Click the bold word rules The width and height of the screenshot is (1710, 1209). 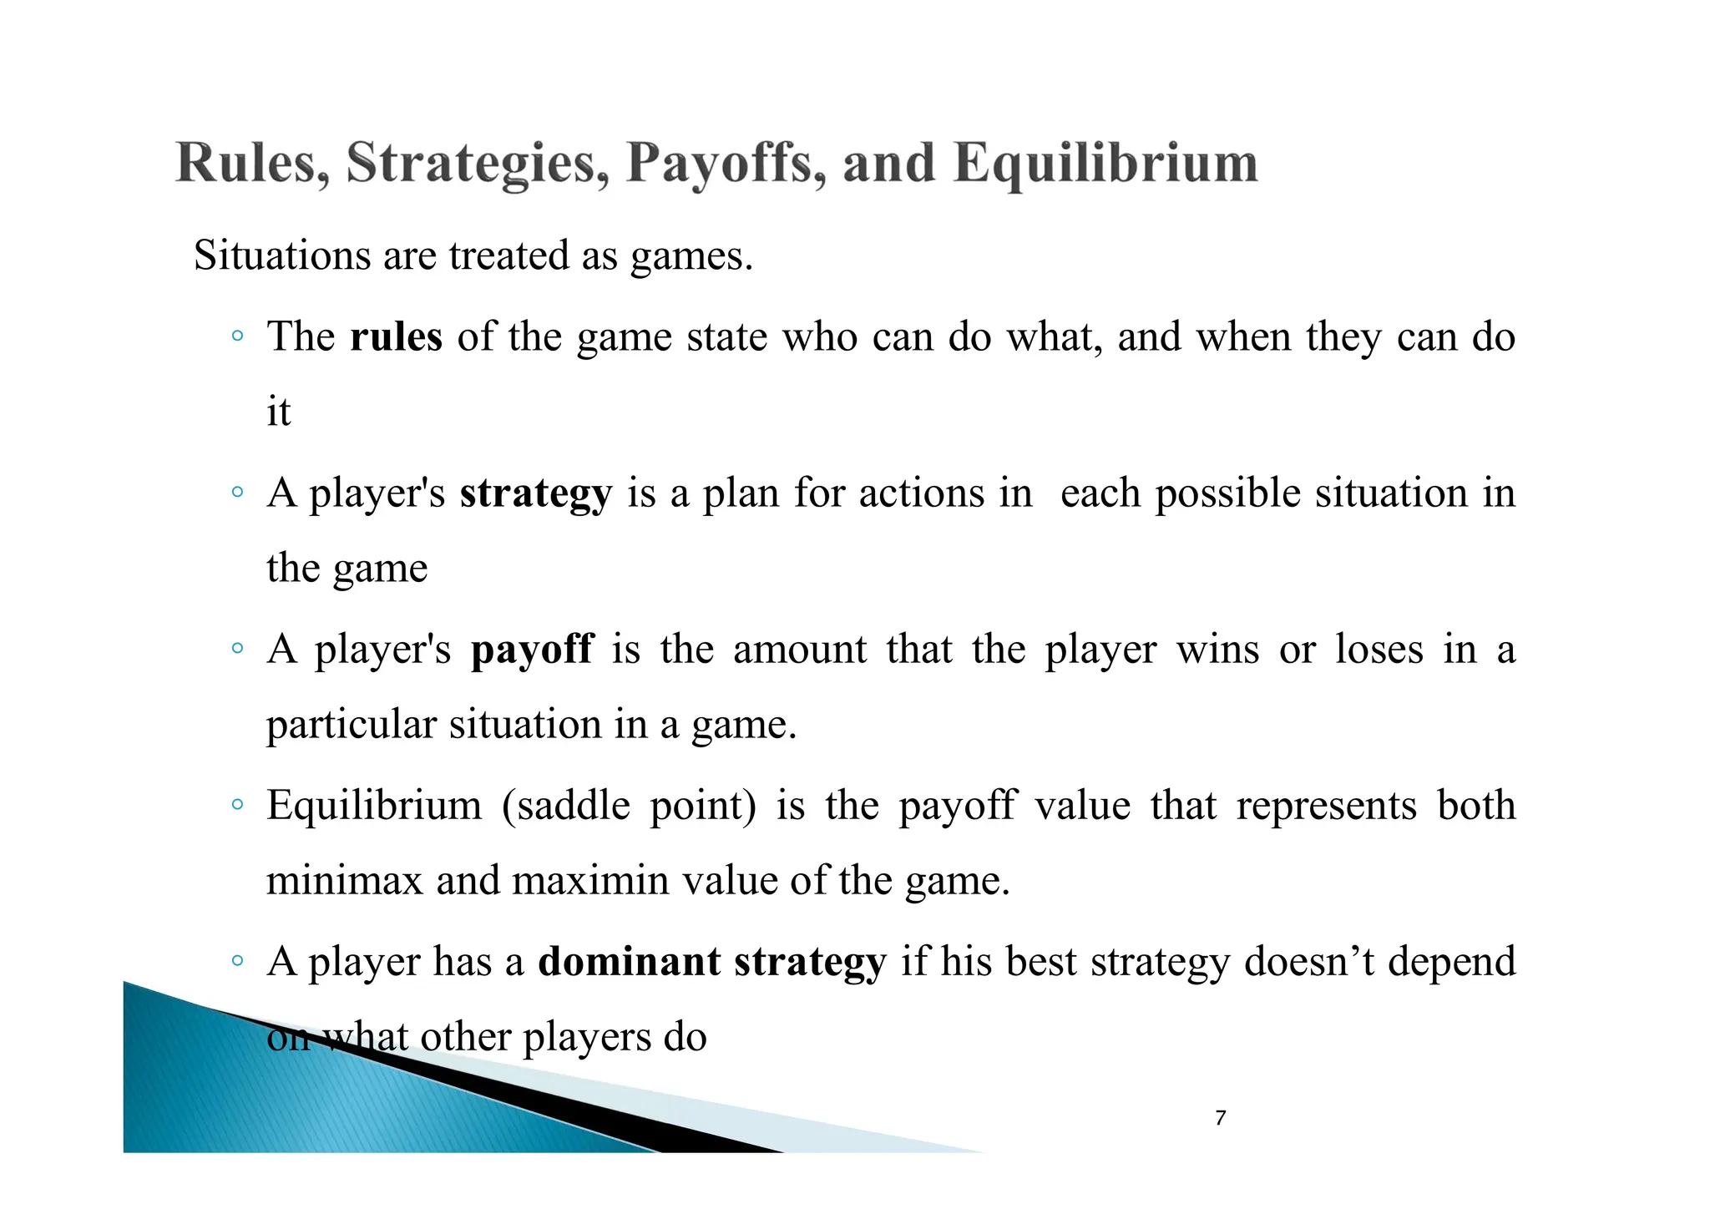point(396,337)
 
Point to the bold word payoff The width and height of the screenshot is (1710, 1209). point(532,650)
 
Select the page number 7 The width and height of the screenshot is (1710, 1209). point(1221,1118)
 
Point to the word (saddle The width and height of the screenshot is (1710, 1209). point(566,807)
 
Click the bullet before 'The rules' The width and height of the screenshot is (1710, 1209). point(238,336)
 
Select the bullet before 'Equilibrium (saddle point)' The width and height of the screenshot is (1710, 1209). point(238,806)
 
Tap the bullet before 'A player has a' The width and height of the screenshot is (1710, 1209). point(238,962)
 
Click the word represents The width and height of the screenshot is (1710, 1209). point(1326,807)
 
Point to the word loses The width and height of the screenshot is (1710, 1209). point(1379,650)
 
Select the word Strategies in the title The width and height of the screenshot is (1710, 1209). point(477,164)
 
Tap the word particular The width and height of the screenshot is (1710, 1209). point(351,725)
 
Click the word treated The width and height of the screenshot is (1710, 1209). point(508,255)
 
